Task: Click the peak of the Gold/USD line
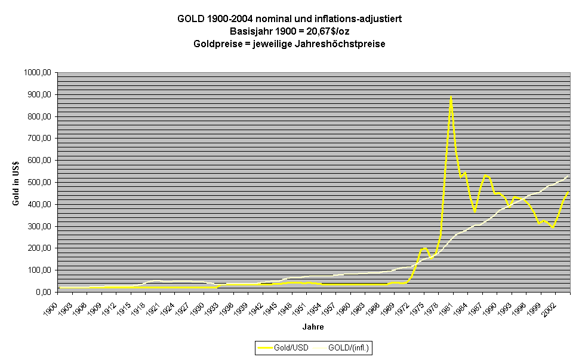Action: [x=451, y=97]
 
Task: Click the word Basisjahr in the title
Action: [x=250, y=32]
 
